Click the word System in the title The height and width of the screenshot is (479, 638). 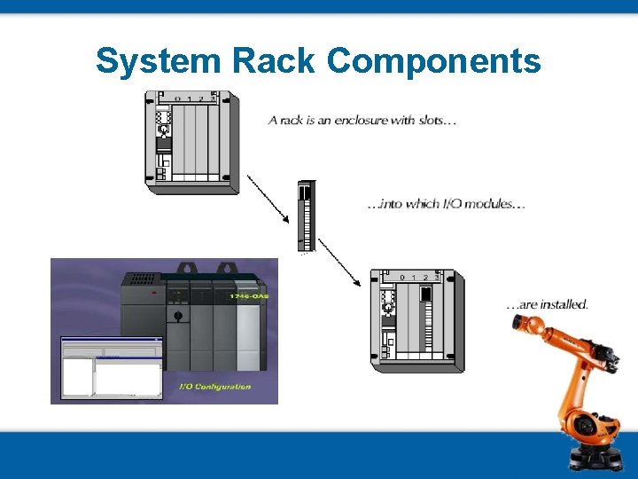coord(159,61)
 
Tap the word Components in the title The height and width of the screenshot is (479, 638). coord(433,61)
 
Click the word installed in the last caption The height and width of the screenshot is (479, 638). coord(564,304)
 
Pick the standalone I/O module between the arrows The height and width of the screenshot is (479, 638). coord(306,216)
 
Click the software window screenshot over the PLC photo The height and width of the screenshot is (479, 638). coord(112,367)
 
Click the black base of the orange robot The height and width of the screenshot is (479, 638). coord(593,456)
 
